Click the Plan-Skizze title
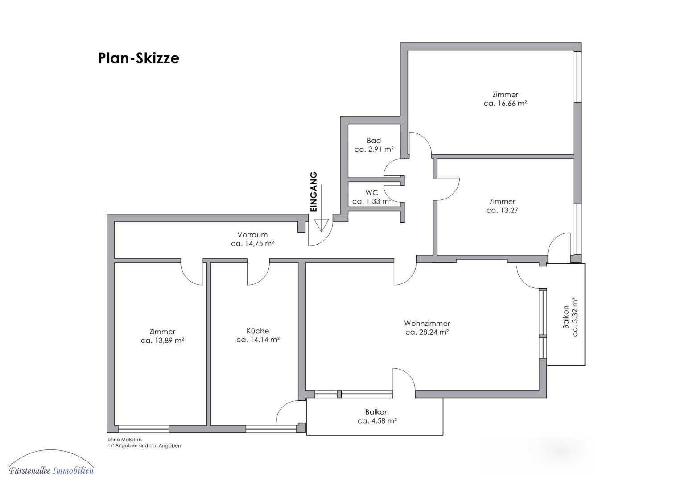(x=139, y=58)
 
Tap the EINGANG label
(x=314, y=192)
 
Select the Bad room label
(x=374, y=141)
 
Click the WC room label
(x=372, y=192)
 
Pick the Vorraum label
(x=252, y=235)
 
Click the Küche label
(x=258, y=331)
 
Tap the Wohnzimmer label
(x=427, y=323)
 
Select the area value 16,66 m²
(x=512, y=104)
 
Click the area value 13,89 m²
(x=169, y=341)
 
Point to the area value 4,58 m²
(x=384, y=421)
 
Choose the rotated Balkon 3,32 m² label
(x=570, y=317)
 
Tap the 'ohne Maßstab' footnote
(x=124, y=440)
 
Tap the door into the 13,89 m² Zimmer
(x=192, y=273)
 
